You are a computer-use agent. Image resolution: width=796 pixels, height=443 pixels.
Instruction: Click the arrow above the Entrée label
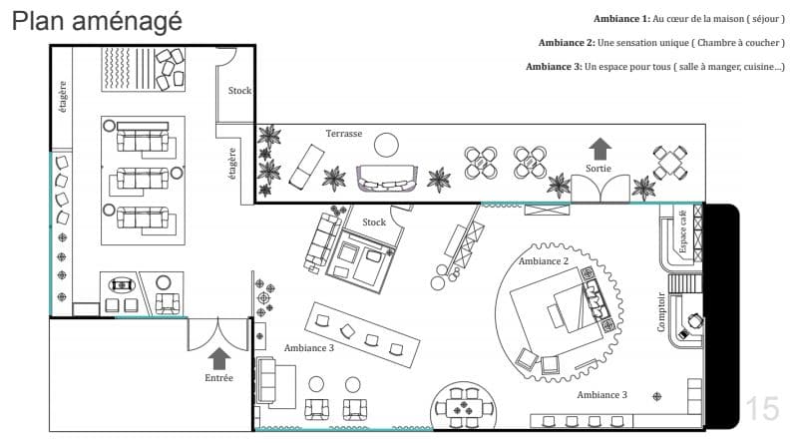pyautogui.click(x=219, y=358)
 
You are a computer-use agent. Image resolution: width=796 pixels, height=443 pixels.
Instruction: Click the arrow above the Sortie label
pyautogui.click(x=600, y=149)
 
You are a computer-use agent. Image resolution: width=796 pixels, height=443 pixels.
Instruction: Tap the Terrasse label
pyautogui.click(x=344, y=134)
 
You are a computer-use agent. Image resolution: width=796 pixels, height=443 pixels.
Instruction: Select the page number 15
pyautogui.click(x=762, y=408)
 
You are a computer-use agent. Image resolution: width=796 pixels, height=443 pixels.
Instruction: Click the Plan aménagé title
pyautogui.click(x=97, y=21)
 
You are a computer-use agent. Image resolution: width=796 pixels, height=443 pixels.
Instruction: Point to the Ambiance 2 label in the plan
pyautogui.click(x=544, y=261)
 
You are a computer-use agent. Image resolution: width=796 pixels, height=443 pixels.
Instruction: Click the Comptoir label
pyautogui.click(x=661, y=312)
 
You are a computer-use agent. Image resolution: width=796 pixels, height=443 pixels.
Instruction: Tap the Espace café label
pyautogui.click(x=683, y=231)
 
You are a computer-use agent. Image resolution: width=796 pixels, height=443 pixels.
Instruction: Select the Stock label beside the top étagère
pyautogui.click(x=239, y=91)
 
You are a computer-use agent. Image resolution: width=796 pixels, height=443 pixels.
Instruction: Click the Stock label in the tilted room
pyautogui.click(x=374, y=222)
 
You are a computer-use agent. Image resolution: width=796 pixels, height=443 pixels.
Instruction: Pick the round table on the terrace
pyautogui.click(x=386, y=145)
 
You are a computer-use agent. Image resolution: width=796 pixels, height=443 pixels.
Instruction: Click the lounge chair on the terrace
pyautogui.click(x=306, y=165)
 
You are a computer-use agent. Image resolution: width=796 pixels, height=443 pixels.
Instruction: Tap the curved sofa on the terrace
pyautogui.click(x=387, y=178)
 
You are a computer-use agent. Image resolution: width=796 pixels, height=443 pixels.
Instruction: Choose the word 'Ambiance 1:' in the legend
pyautogui.click(x=621, y=19)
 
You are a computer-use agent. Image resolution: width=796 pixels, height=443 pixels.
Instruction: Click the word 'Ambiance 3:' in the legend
pyautogui.click(x=554, y=67)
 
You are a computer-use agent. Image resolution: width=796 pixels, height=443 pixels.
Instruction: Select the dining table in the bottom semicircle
pyautogui.click(x=464, y=407)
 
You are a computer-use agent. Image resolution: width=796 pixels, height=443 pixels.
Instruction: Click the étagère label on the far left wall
pyautogui.click(x=63, y=97)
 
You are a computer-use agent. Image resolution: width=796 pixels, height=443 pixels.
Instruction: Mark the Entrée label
pyautogui.click(x=218, y=378)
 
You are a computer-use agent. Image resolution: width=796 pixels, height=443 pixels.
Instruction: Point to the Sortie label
pyautogui.click(x=598, y=169)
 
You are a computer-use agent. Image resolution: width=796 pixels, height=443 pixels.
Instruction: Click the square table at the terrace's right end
pyautogui.click(x=670, y=163)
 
